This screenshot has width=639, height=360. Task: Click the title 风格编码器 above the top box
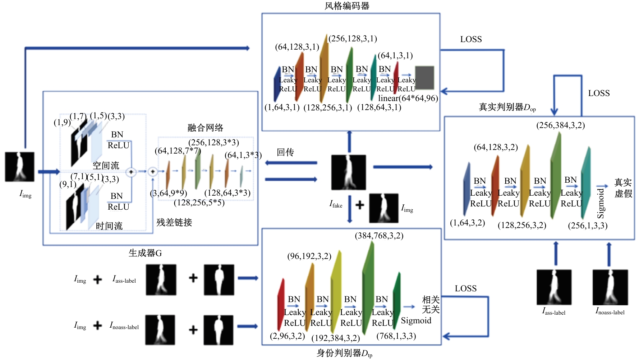(x=347, y=6)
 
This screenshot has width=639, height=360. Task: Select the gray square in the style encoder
(x=424, y=77)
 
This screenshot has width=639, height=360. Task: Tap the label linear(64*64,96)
(x=408, y=98)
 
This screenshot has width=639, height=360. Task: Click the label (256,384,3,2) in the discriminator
(x=561, y=125)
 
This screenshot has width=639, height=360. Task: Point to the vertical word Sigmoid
(x=601, y=203)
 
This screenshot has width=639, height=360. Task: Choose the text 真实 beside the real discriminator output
(x=623, y=183)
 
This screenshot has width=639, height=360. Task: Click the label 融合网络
(x=205, y=128)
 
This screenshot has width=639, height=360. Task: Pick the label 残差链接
(x=174, y=222)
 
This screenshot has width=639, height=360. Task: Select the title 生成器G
(x=145, y=253)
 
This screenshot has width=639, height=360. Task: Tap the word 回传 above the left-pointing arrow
(x=285, y=152)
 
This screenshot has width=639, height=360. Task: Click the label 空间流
(x=106, y=165)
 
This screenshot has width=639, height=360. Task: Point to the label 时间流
(x=109, y=226)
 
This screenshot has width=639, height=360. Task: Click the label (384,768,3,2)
(x=379, y=236)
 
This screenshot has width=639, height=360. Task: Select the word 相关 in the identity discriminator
(x=431, y=300)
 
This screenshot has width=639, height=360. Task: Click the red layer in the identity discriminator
(x=281, y=305)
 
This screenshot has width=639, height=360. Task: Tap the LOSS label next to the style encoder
(x=471, y=39)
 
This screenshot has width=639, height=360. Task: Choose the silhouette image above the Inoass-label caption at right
(x=610, y=287)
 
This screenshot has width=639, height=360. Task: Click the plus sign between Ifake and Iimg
(x=360, y=205)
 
